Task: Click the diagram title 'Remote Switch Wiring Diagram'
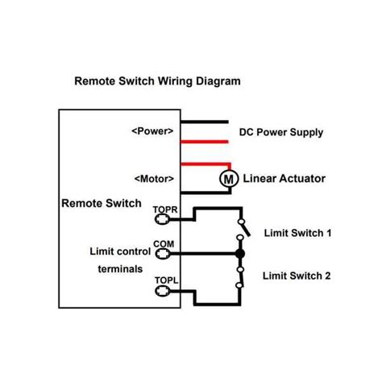(x=156, y=81)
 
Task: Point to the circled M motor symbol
(x=227, y=178)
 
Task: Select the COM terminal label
(x=163, y=243)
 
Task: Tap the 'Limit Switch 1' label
(x=297, y=233)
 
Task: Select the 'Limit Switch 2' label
(x=297, y=276)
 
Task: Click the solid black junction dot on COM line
(x=239, y=254)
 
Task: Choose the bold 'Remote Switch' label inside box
(x=101, y=204)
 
